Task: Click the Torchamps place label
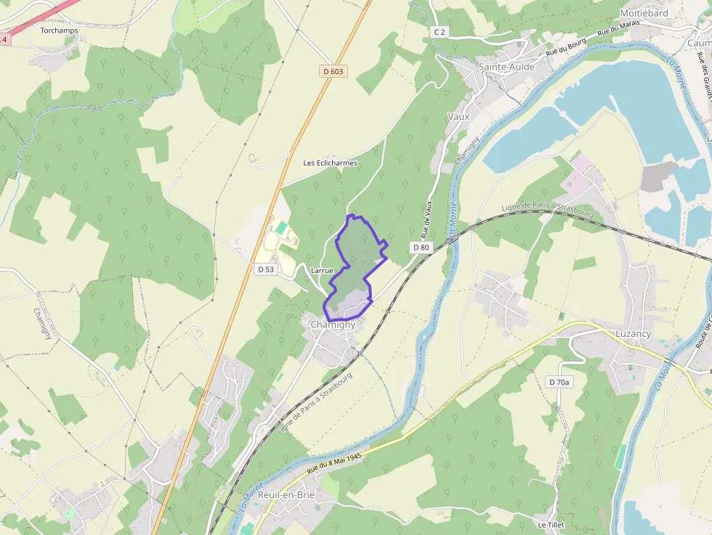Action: click(59, 30)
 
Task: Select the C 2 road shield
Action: click(439, 32)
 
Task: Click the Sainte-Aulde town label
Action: click(506, 67)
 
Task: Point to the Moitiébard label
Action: click(644, 13)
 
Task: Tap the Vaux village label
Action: click(458, 116)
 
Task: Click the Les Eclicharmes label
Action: click(331, 163)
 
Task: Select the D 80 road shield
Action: click(421, 248)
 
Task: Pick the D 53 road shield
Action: click(266, 269)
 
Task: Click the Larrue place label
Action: click(321, 270)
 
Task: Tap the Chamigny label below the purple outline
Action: click(333, 324)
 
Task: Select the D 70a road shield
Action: click(559, 382)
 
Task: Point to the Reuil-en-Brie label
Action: click(286, 494)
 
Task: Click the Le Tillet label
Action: click(551, 524)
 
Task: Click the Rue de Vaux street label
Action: click(429, 217)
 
